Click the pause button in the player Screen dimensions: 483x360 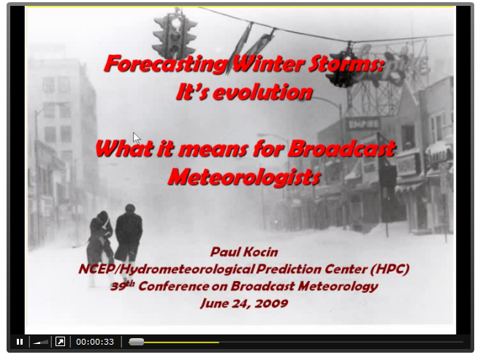[x=20, y=342]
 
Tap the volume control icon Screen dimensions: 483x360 [x=41, y=342]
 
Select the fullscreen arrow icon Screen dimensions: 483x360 [x=60, y=342]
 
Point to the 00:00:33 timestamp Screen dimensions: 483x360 [x=95, y=342]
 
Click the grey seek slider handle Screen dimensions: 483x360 [x=137, y=342]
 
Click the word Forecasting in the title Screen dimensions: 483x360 [x=166, y=64]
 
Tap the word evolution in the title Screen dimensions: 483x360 [x=262, y=92]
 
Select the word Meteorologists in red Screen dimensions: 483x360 [x=245, y=177]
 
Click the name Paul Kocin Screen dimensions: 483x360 [x=244, y=252]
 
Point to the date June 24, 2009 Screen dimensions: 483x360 [x=244, y=304]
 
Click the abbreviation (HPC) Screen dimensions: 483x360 [x=389, y=269]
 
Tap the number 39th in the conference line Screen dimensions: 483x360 [x=123, y=286]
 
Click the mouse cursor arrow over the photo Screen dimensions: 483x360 [x=137, y=138]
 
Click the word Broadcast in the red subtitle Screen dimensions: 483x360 [x=341, y=149]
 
